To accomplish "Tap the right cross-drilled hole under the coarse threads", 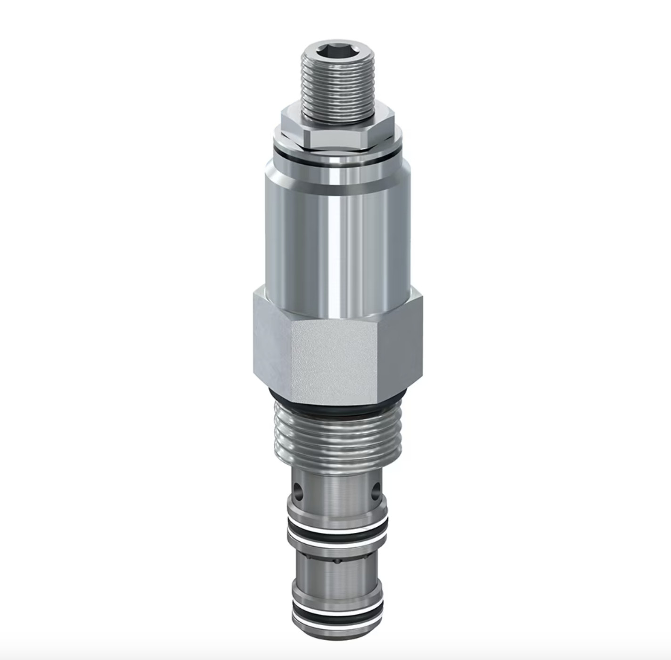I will [x=376, y=492].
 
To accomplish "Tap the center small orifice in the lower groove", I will [x=337, y=561].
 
